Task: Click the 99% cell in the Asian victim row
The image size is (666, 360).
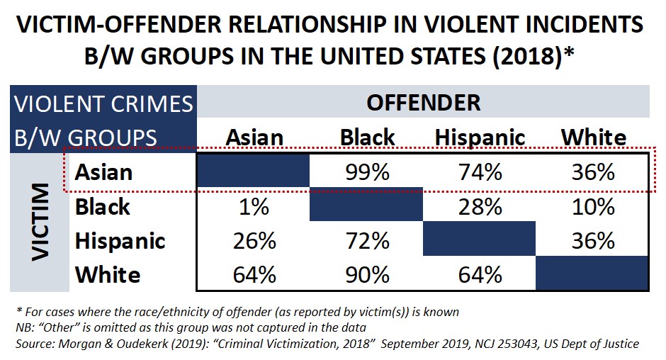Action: point(367,172)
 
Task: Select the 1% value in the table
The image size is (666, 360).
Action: point(254,206)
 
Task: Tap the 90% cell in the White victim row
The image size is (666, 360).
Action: point(367,274)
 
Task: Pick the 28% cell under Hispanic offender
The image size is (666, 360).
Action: point(480,206)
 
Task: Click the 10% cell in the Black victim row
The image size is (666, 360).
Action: point(592,206)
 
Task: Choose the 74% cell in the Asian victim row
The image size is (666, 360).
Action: point(480,172)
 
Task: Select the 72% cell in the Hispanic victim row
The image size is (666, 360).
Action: point(367,240)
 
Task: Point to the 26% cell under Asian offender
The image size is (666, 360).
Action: point(254,240)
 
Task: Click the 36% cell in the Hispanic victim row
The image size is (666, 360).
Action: point(592,240)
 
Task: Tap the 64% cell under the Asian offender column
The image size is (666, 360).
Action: point(254,274)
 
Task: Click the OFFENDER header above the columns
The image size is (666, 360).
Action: point(423,102)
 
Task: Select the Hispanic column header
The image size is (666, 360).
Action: point(480,137)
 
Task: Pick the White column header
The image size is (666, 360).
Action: point(592,137)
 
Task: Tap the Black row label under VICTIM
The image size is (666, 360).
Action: point(103,206)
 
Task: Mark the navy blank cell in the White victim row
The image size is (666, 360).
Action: point(592,274)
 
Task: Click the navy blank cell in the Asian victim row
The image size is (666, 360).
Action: point(254,172)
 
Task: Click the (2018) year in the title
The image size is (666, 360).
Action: point(517,57)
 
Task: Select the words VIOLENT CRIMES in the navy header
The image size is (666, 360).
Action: point(103,103)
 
